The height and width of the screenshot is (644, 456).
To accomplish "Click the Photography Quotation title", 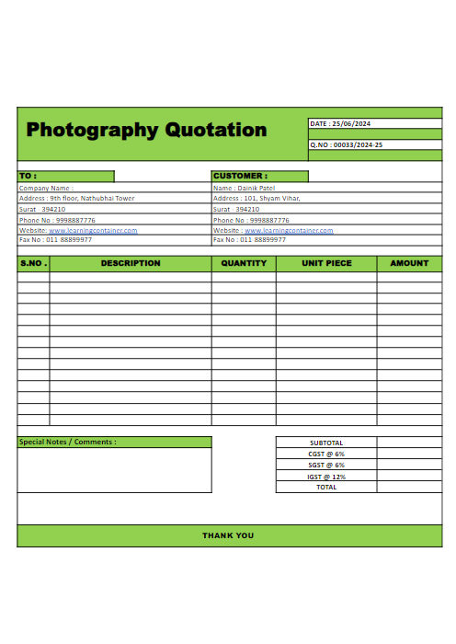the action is pyautogui.click(x=146, y=130).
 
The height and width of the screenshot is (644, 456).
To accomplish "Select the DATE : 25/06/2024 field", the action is pyautogui.click(x=340, y=123).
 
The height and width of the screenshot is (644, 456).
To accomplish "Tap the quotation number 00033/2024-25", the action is pyautogui.click(x=347, y=144).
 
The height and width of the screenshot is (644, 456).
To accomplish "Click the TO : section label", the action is pyautogui.click(x=28, y=176).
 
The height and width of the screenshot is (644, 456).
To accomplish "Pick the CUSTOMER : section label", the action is pyautogui.click(x=240, y=176).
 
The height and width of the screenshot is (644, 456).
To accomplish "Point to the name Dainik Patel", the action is pyautogui.click(x=244, y=188).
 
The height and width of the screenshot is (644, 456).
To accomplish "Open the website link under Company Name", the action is pyautogui.click(x=93, y=230).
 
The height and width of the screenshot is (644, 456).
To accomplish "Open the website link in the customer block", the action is pyautogui.click(x=289, y=230).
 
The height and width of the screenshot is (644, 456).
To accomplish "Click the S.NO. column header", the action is pyautogui.click(x=33, y=263).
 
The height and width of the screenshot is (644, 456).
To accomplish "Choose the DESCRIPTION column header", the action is pyautogui.click(x=131, y=263).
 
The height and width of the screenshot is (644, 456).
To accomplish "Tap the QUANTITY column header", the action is pyautogui.click(x=244, y=263).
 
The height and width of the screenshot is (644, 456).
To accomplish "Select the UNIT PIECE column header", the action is pyautogui.click(x=326, y=263).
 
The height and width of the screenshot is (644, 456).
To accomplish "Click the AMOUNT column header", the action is pyautogui.click(x=409, y=263).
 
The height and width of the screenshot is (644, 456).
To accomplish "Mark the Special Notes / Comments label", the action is pyautogui.click(x=68, y=442).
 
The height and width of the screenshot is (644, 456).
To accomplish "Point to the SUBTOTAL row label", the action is pyautogui.click(x=326, y=443).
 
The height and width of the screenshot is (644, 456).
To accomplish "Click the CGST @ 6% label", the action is pyautogui.click(x=326, y=454).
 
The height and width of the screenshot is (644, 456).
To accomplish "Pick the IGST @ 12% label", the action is pyautogui.click(x=326, y=477).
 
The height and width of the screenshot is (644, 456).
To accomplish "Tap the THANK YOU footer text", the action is pyautogui.click(x=228, y=535).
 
